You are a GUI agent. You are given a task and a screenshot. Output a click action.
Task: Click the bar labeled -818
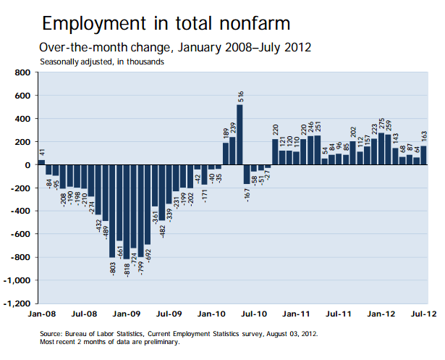(x=126, y=212)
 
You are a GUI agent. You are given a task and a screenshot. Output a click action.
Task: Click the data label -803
(x=112, y=268)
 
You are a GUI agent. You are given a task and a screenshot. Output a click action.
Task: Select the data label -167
(x=247, y=193)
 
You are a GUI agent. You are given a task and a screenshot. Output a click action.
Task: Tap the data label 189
(x=225, y=133)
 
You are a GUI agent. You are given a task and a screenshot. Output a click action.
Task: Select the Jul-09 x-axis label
(x=169, y=315)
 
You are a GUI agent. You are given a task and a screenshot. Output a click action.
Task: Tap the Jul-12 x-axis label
(x=423, y=315)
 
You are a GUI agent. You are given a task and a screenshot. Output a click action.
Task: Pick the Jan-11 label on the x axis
(x=295, y=315)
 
